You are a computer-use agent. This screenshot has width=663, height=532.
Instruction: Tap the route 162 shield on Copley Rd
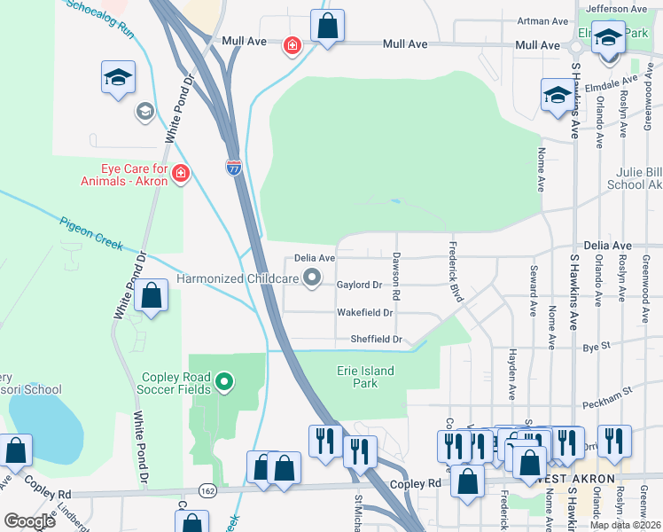click(207, 490)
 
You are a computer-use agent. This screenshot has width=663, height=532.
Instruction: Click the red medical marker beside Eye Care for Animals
click(181, 173)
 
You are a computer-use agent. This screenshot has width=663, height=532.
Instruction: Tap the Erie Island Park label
click(365, 377)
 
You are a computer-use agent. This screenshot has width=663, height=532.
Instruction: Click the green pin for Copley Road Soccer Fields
click(225, 382)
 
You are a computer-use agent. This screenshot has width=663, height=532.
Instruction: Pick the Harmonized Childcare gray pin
click(312, 279)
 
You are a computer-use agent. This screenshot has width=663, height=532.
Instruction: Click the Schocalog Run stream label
click(99, 19)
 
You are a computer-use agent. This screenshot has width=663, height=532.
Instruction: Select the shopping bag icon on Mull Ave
click(327, 27)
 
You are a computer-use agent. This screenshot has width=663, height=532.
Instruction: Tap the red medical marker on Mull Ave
click(291, 45)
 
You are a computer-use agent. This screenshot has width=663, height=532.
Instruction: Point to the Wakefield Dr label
click(364, 312)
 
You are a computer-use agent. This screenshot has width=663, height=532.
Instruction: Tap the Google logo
click(30, 520)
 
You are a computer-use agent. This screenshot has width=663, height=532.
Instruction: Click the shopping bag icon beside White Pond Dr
click(152, 296)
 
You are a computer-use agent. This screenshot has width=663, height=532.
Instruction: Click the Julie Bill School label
click(634, 178)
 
